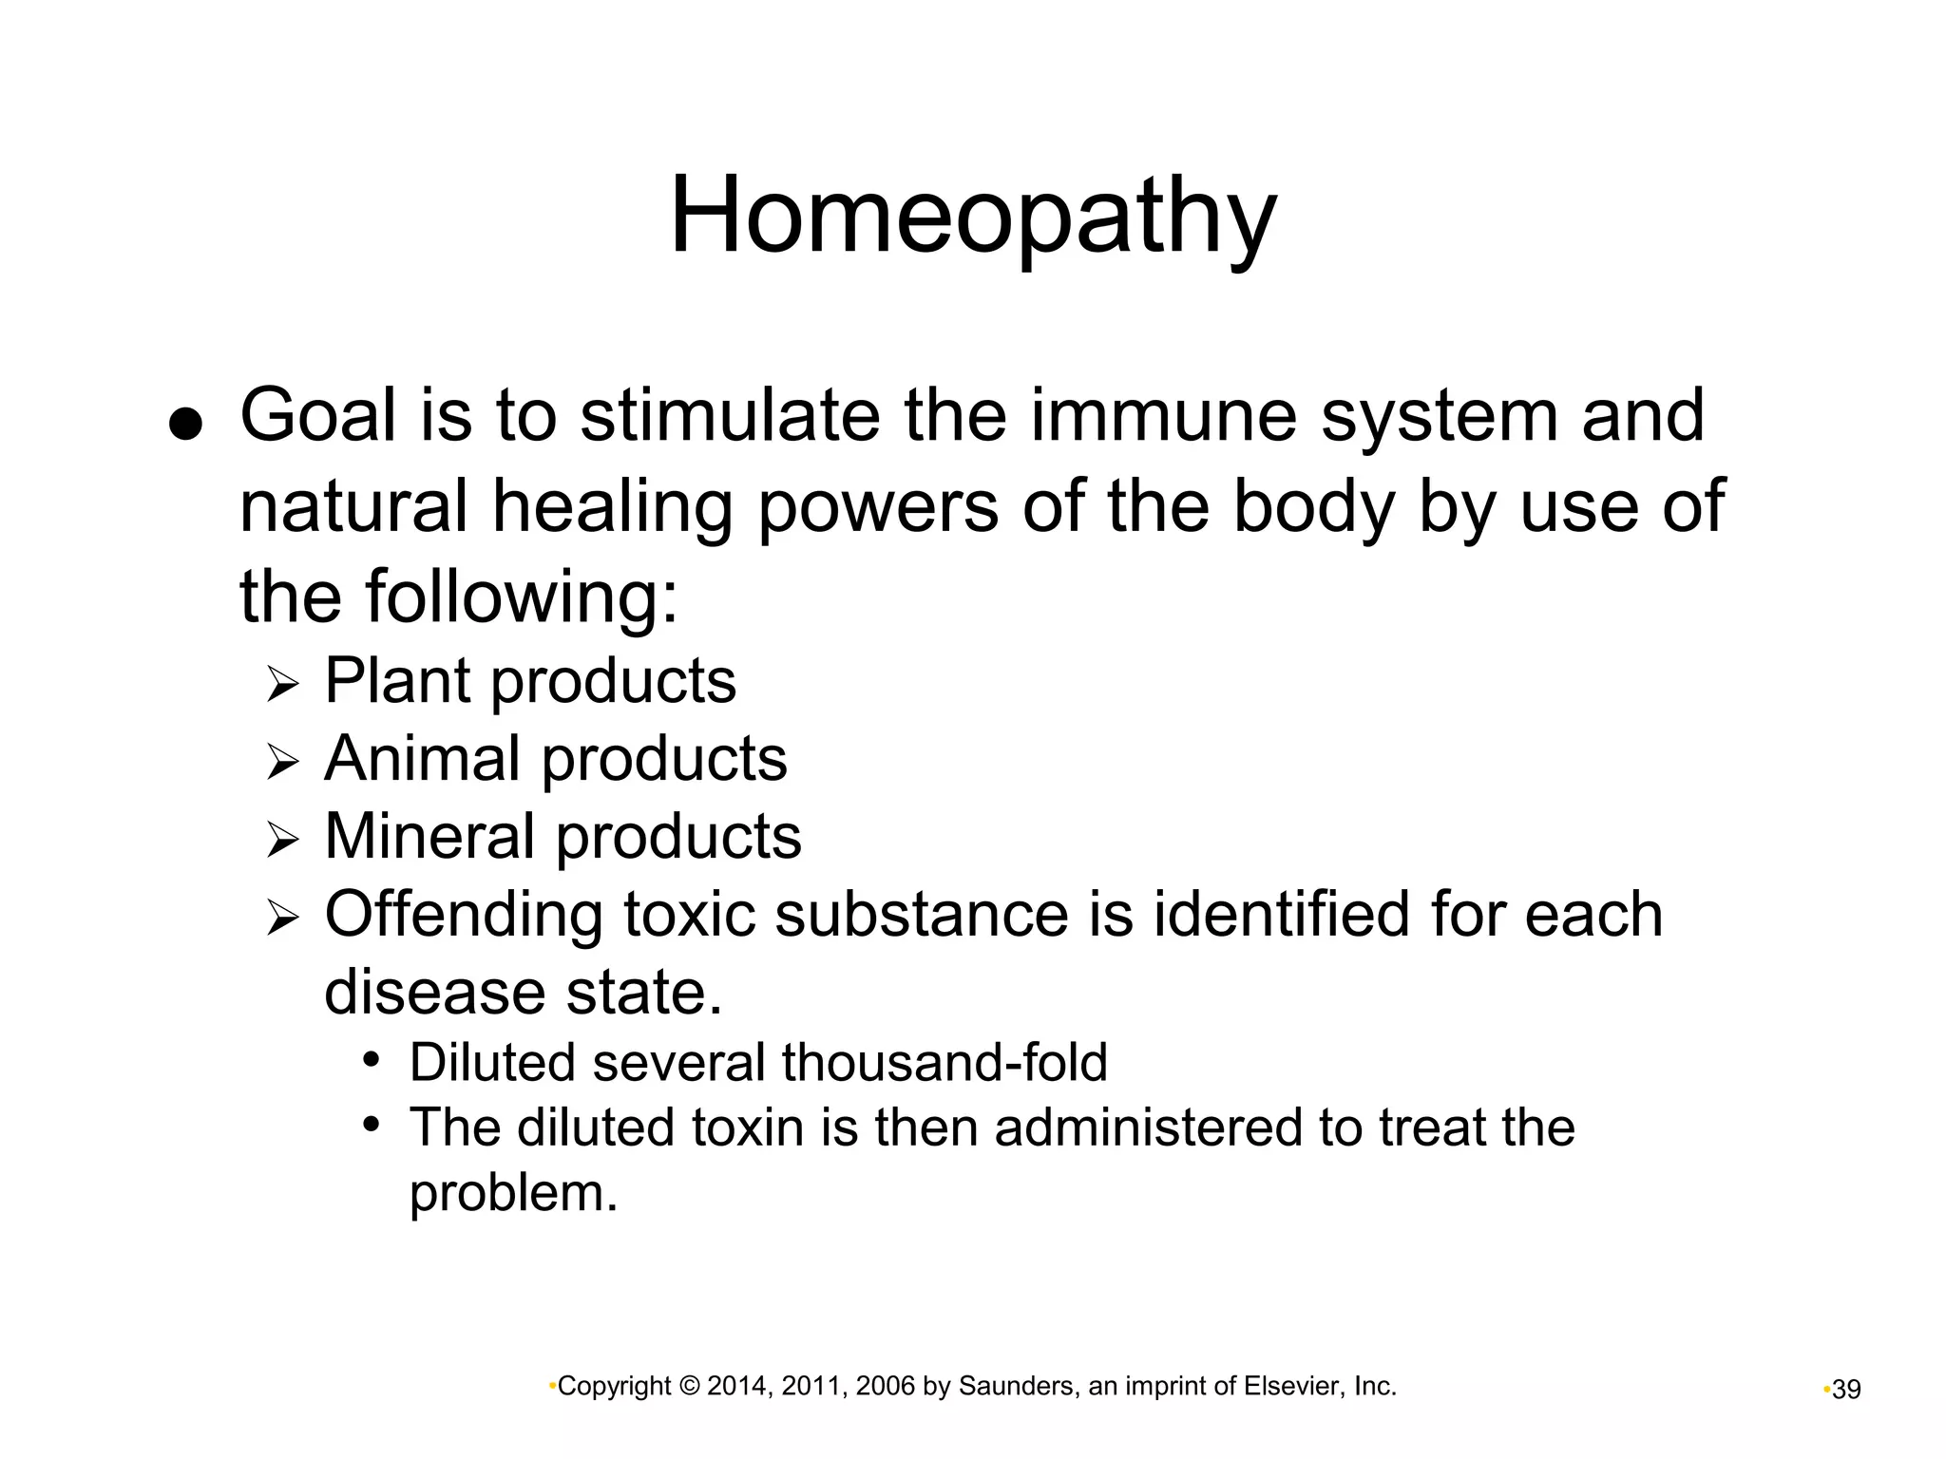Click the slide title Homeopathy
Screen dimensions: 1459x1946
click(973, 217)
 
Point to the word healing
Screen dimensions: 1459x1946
click(612, 509)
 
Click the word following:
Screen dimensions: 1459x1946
click(522, 598)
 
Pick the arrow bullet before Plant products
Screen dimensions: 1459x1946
click(282, 684)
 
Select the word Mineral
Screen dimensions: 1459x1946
click(429, 837)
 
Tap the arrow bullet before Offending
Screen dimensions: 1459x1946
click(282, 918)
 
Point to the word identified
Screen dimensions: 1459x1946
click(1281, 915)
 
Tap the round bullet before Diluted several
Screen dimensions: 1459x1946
click(372, 1059)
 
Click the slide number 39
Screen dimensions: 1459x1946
click(1846, 1390)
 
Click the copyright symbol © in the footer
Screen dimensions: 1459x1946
click(690, 1387)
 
